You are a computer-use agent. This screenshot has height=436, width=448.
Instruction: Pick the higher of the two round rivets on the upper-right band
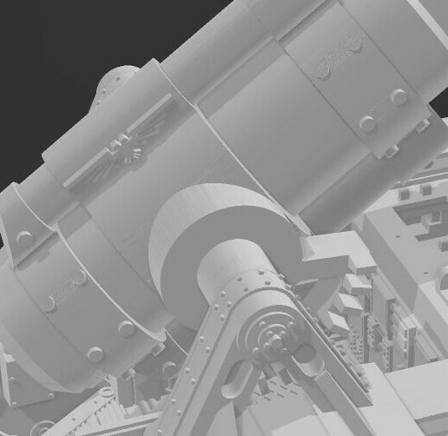click(399, 97)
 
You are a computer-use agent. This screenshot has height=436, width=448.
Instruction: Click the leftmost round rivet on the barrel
click(23, 237)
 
